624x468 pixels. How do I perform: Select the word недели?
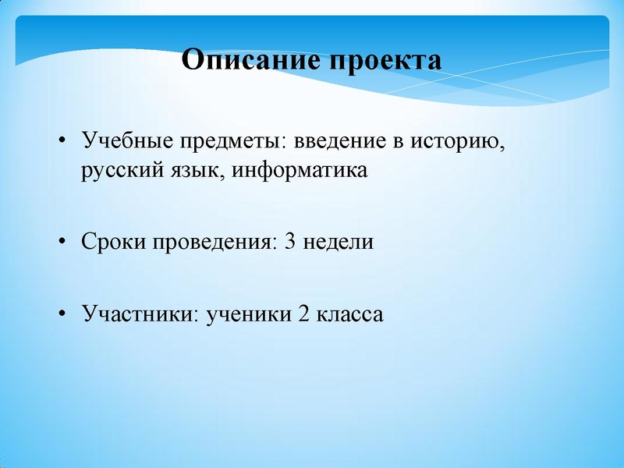coord(339,242)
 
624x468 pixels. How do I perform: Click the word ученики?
coord(246,314)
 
